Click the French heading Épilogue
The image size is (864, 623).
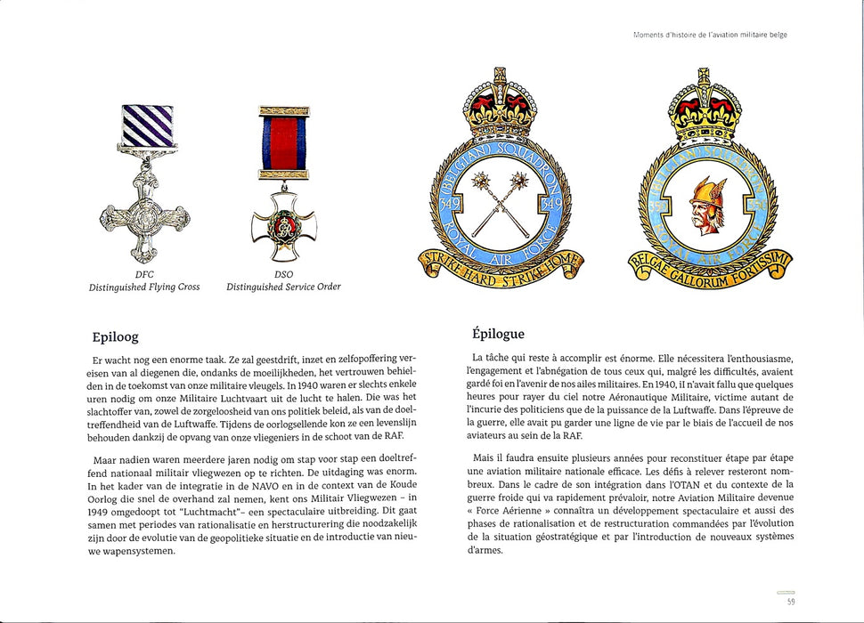[x=498, y=334]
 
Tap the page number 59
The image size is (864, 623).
[x=790, y=602]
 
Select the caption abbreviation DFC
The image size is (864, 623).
[x=144, y=274]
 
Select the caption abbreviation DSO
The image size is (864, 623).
[x=283, y=274]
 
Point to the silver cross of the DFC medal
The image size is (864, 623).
[x=144, y=214]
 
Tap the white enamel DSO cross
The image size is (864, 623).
[x=283, y=231]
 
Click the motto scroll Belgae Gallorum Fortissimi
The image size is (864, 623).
[x=714, y=268]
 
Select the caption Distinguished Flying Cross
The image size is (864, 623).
[x=144, y=287]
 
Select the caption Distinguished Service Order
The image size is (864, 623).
[x=283, y=287]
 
